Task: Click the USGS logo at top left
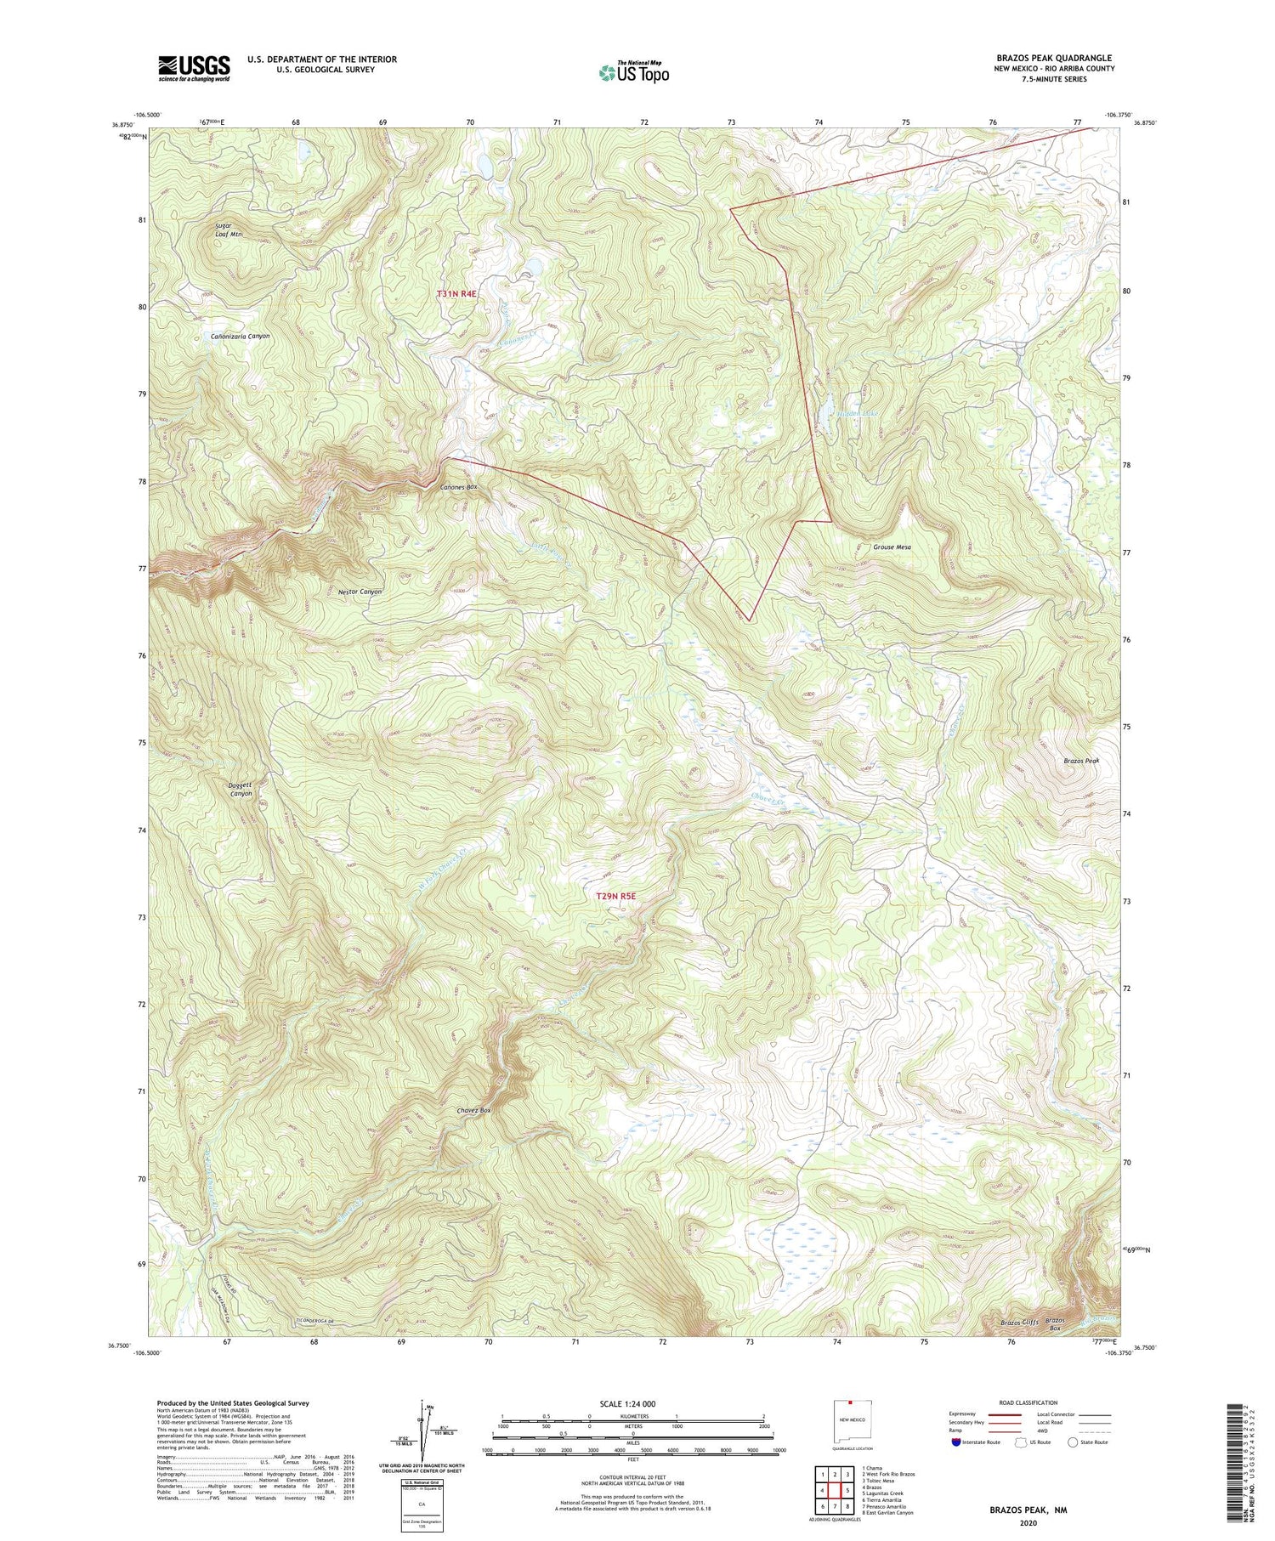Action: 194,68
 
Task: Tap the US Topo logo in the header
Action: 633,72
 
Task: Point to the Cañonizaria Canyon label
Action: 240,336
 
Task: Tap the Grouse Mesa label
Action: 892,547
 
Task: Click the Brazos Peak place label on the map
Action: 1081,762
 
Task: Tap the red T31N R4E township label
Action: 457,293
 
